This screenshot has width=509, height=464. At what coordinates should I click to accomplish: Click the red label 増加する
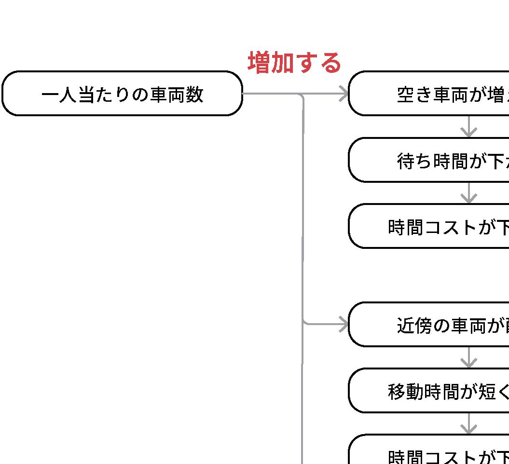(294, 63)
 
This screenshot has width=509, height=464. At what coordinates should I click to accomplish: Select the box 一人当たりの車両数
(122, 94)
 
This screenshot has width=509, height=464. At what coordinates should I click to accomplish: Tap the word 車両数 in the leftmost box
(176, 95)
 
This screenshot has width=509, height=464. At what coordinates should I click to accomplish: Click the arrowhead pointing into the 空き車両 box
(344, 94)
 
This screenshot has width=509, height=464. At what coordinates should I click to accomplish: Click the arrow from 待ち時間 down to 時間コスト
(469, 193)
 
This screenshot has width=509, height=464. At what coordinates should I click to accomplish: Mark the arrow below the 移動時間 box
(469, 424)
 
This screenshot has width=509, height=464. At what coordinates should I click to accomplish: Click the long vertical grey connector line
(303, 217)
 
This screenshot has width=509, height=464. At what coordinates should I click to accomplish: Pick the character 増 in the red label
(259, 63)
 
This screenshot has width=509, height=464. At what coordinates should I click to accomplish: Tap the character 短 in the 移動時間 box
(488, 392)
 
